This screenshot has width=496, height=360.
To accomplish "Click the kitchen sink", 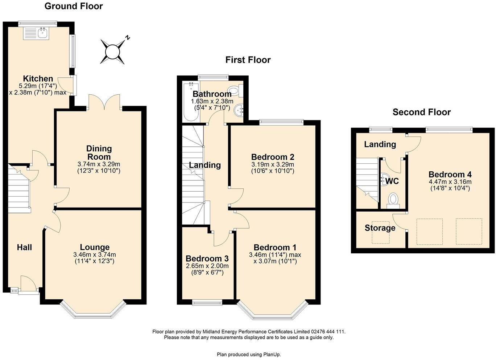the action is [x=36, y=34].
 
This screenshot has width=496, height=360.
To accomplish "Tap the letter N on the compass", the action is [x=127, y=38].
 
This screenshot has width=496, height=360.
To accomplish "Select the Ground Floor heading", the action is [x=74, y=6].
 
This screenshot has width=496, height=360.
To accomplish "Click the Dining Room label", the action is [x=99, y=152].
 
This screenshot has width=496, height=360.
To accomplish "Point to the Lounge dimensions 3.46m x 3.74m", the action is [x=95, y=255].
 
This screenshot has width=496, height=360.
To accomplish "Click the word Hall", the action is [x=24, y=247].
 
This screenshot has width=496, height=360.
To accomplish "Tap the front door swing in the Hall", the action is [x=28, y=283].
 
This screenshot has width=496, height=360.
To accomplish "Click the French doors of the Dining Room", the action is [x=104, y=102].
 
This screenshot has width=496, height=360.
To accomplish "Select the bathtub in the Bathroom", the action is [x=191, y=102].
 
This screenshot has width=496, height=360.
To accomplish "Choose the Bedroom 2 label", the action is [x=273, y=157].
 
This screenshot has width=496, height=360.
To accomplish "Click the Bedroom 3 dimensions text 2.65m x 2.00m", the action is [x=207, y=266].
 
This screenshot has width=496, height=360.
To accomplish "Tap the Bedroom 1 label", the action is [x=275, y=247].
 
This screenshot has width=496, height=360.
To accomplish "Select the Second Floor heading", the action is [x=422, y=112].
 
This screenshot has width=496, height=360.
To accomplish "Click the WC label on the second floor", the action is [x=392, y=181].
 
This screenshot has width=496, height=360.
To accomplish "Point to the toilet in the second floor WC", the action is [x=393, y=201].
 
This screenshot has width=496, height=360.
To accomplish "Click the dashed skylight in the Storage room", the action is [x=381, y=233].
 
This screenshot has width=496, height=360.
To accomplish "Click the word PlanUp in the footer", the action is [x=272, y=355].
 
